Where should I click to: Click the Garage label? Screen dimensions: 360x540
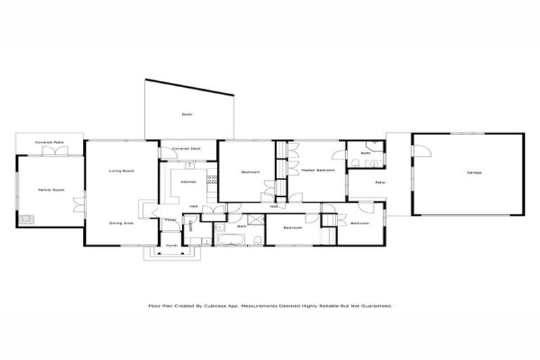coord(474,172)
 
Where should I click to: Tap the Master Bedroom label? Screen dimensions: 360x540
coord(318,170)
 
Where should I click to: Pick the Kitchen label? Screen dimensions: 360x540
coord(188,181)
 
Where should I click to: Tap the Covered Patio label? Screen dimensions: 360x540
coord(50,143)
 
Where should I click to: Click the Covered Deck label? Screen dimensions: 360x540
coord(186,149)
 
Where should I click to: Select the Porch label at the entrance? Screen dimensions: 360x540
coord(171,245)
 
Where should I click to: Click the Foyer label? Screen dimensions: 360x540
coord(170,220)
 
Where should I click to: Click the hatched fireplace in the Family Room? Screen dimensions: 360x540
coord(27,219)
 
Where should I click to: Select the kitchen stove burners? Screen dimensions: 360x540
coord(210,181)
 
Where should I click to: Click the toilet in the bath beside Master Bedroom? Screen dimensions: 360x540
coord(357,164)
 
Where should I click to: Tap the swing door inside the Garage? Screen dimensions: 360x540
coord(420,151)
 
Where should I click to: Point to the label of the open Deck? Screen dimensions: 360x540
coord(186,114)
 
